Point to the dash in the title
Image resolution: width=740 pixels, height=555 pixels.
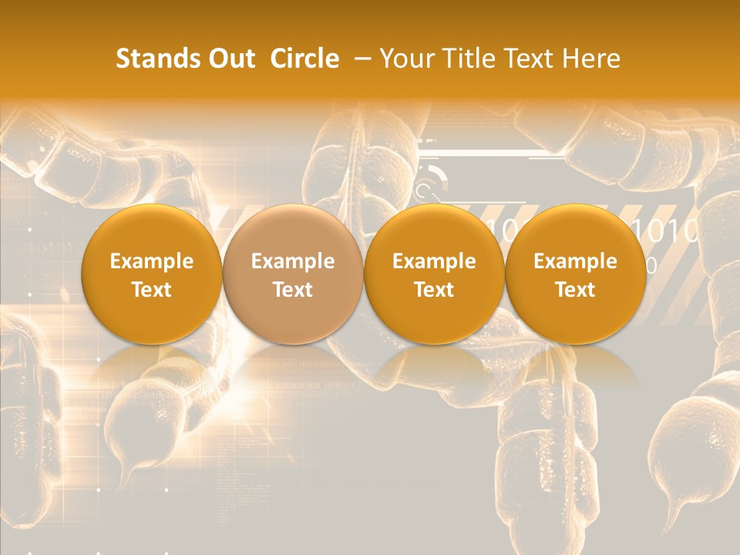[x=360, y=59]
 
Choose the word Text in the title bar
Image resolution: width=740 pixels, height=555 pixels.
[x=532, y=59]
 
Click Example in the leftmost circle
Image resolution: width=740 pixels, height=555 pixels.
[x=152, y=261]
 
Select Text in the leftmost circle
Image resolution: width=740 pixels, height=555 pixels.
[x=152, y=290]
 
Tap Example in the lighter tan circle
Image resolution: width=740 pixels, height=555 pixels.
[x=293, y=261]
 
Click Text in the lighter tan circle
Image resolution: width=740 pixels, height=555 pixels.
[x=293, y=290]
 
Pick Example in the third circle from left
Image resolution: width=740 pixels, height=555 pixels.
[x=434, y=261]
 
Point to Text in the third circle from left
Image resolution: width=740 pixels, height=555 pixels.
[x=434, y=290]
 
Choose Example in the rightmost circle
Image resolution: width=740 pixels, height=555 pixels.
[x=575, y=261]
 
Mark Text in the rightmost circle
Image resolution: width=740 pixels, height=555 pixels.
[x=575, y=290]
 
